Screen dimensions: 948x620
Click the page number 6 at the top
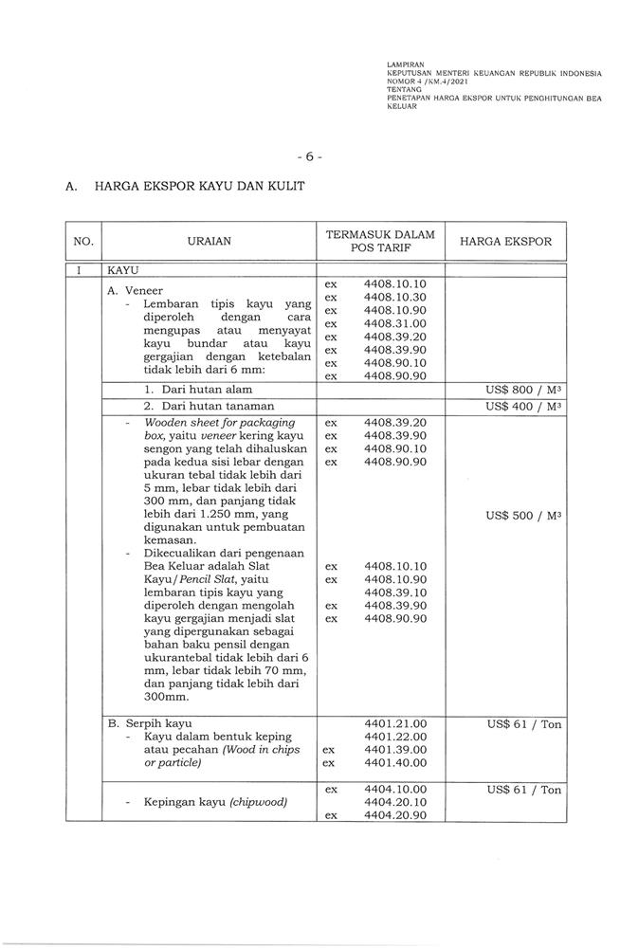coord(310,155)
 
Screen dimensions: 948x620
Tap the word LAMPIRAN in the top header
coord(406,64)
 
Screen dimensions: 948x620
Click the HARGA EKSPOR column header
coord(505,242)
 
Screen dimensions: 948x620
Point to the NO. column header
coord(83,242)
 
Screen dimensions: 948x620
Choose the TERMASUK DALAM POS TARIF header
coord(380,242)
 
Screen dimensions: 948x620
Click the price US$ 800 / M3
coord(523,390)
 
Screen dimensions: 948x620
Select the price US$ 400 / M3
coord(523,406)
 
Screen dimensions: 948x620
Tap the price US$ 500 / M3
coord(523,516)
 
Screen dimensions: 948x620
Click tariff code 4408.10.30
coord(395,298)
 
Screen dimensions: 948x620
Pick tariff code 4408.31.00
coord(395,323)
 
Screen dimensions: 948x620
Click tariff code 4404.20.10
coord(395,802)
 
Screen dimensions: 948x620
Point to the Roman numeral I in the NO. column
coord(83,270)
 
